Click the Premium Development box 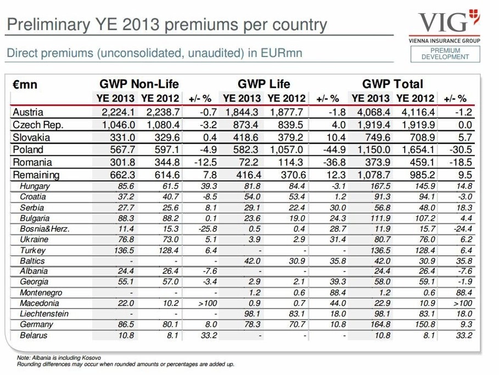tap(445, 54)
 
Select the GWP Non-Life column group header tap(139, 84)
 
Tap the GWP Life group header tap(264, 84)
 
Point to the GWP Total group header tap(393, 84)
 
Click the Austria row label tap(27, 112)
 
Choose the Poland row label tap(27, 150)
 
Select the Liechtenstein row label tap(44, 314)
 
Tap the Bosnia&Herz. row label tap(44, 229)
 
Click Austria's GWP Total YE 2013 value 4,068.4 tap(371, 112)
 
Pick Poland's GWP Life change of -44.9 tap(334, 150)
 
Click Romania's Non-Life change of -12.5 tap(205, 163)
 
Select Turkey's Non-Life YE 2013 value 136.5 tap(124, 250)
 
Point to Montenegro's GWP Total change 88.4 tap(464, 293)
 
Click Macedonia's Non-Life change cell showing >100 tap(208, 304)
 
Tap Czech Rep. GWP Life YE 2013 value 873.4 tap(245, 125)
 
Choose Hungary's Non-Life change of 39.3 tap(209, 186)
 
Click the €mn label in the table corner tap(25, 85)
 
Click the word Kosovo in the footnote tap(93, 358)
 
